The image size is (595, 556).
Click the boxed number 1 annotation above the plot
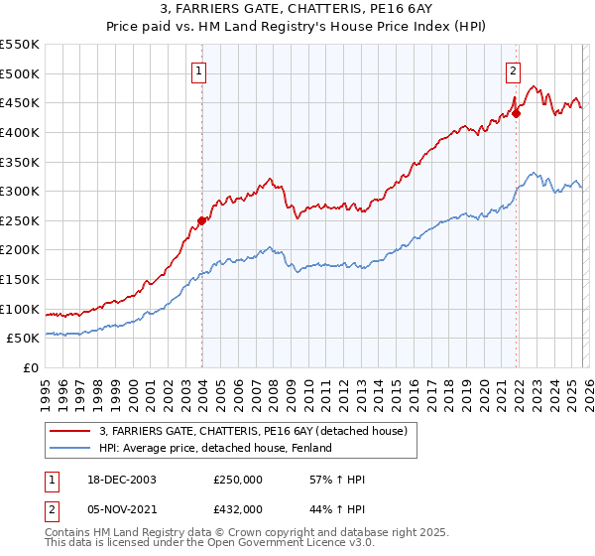coord(200,70)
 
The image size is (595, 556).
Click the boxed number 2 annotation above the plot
coord(513,70)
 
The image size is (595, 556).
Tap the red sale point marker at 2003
coord(202,220)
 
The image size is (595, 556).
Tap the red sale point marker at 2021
coord(517,112)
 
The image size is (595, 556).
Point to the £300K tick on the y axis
coord(20,191)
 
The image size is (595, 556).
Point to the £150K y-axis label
coord(20,279)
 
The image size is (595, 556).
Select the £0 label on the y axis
coord(30,367)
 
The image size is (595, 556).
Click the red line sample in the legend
coord(70,431)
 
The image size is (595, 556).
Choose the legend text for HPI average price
coord(214,449)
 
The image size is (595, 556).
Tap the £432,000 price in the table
coord(237,508)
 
